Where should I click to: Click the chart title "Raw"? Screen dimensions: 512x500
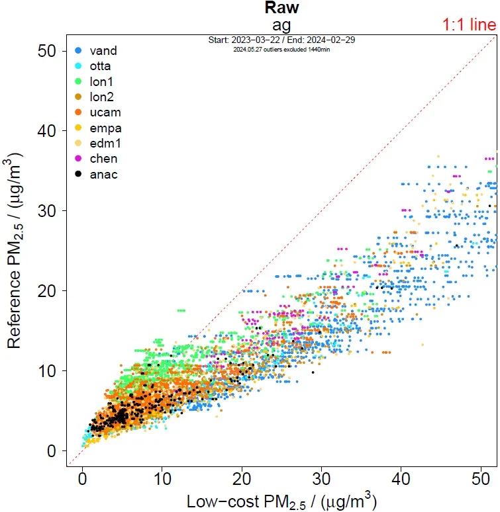[282, 8]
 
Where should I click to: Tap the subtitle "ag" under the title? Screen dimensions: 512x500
[282, 25]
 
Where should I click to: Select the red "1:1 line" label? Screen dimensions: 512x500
[469, 25]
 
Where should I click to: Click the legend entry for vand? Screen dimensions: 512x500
[97, 50]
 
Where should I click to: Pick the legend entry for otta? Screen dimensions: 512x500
[97, 66]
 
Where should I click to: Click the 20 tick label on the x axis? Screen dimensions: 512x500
[242, 478]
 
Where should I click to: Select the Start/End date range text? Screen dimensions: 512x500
[281, 40]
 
